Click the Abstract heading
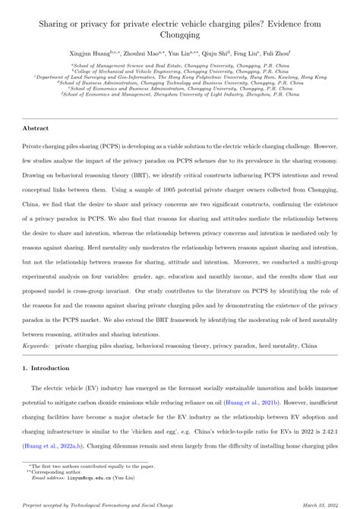click(36, 129)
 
